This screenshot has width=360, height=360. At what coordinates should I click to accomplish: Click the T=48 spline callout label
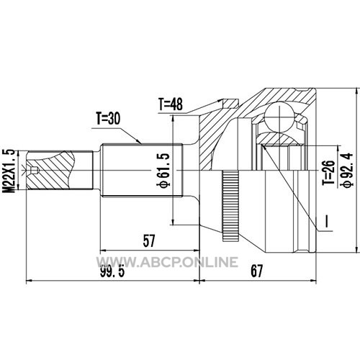[x=170, y=104]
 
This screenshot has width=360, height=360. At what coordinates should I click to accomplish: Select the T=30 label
[x=108, y=118]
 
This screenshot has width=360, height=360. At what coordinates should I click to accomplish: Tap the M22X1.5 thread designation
[x=9, y=171]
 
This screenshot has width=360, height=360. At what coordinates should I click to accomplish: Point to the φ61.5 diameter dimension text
[x=163, y=170]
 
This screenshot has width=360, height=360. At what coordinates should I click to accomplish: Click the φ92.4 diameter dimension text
[x=348, y=169]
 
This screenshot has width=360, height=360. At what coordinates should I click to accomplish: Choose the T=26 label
[x=328, y=173]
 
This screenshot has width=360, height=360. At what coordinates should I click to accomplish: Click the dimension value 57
[x=149, y=241]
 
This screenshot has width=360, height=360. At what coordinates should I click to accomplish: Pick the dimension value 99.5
[x=112, y=271]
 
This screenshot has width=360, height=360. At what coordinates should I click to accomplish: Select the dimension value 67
[x=256, y=271]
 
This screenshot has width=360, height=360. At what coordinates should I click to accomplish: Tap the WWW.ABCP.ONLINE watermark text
[x=167, y=261]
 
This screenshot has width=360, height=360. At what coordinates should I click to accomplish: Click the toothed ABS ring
[x=230, y=206]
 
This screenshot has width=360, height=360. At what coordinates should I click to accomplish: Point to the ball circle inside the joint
[x=279, y=117]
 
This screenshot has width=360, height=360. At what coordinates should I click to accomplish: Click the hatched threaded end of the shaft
[x=50, y=170]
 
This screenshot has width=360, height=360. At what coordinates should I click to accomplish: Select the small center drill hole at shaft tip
[x=34, y=170]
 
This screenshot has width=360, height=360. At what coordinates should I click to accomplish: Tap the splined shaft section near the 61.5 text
[x=143, y=170]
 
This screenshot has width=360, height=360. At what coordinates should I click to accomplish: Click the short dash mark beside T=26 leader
[x=326, y=221]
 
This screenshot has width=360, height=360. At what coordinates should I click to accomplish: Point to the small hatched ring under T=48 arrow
[x=230, y=103]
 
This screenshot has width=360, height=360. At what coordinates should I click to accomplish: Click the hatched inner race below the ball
[x=279, y=139]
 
